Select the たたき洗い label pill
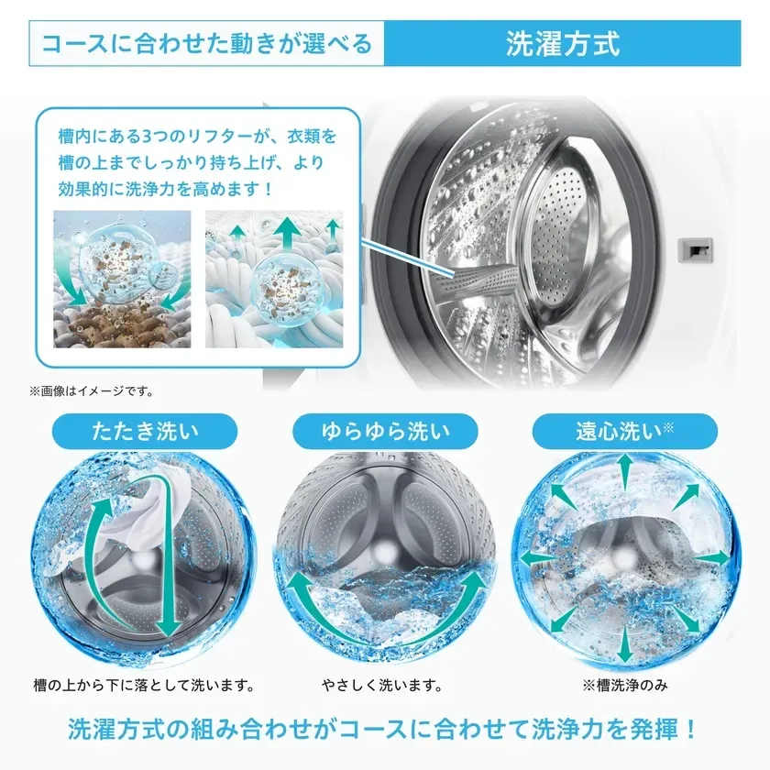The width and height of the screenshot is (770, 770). [x=145, y=429]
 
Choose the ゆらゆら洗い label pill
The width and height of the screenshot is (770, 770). [x=385, y=429]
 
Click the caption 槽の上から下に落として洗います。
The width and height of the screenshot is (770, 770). [x=144, y=685]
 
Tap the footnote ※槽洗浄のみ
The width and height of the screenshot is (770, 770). [x=622, y=685]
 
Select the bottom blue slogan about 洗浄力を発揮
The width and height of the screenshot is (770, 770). [x=384, y=731]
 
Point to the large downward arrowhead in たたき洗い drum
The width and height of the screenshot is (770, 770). [x=167, y=623]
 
